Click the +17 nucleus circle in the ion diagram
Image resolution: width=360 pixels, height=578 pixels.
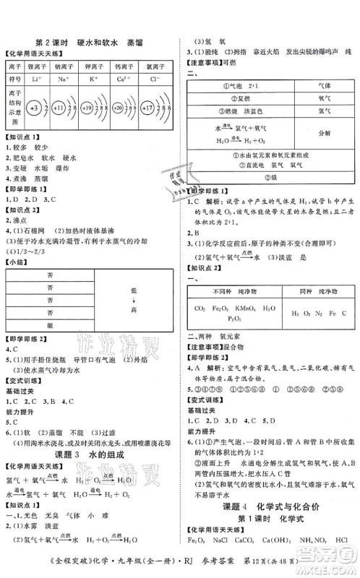149,108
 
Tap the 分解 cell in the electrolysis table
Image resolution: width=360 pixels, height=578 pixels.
323,134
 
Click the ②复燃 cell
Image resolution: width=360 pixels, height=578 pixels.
239,97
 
